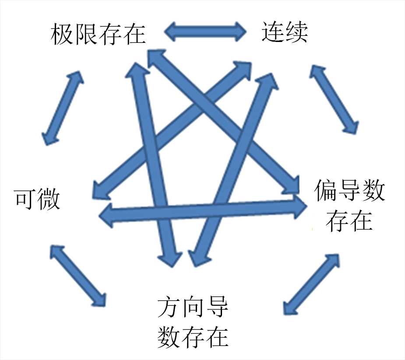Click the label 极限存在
[x=98, y=34]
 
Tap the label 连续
[x=285, y=32]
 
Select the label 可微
[x=37, y=199]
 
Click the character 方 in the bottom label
[x=169, y=308]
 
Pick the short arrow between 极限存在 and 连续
[x=206, y=32]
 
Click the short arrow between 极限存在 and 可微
[x=63, y=107]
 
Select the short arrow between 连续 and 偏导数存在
[x=334, y=99]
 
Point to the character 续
[x=296, y=32]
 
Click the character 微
[x=48, y=199]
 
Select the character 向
[x=193, y=308]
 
